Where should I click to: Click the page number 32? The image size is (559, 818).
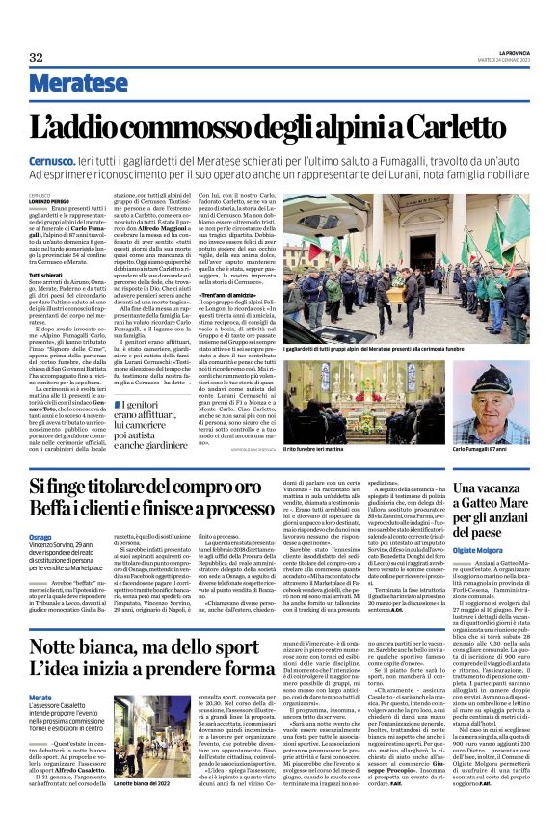pyautogui.click(x=36, y=57)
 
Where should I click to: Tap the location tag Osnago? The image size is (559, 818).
pyautogui.click(x=41, y=536)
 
